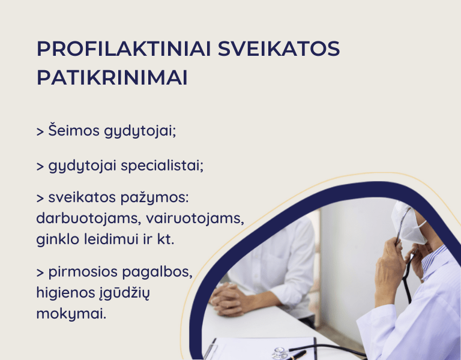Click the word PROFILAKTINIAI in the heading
coord(124,49)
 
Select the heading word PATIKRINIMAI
coord(112,77)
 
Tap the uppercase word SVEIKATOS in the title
coord(279,49)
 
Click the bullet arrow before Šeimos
coord(40,131)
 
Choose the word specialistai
coord(162,165)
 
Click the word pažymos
coord(155,197)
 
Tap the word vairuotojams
coord(195,218)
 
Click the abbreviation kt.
coord(166,239)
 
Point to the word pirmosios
coord(83,272)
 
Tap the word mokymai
coord(71,314)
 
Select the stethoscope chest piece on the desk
coord(279,353)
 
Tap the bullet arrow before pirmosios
coord(40,273)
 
